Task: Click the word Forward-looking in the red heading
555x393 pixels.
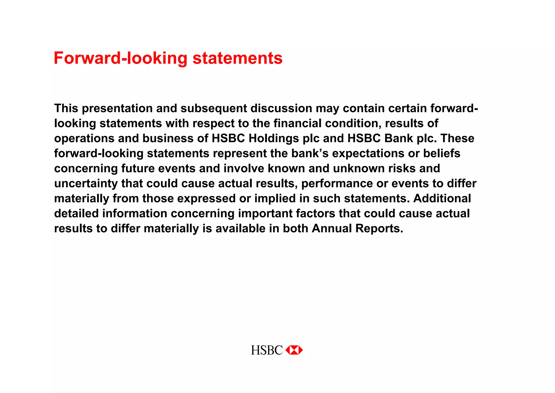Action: (x=120, y=58)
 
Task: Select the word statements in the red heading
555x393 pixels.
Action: (x=237, y=58)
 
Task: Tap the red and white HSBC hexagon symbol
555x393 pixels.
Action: (x=294, y=350)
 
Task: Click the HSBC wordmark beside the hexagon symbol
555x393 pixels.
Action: (x=267, y=350)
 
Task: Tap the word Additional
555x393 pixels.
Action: (x=442, y=198)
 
